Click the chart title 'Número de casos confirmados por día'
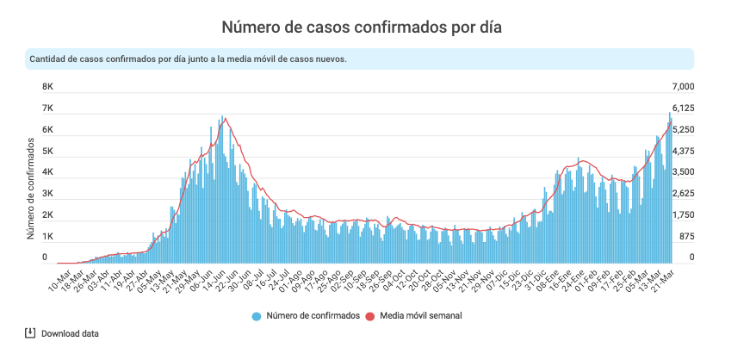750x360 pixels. coord(362,28)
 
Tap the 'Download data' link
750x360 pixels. coord(70,333)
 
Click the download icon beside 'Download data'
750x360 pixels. coord(30,333)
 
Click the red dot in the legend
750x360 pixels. coord(371,316)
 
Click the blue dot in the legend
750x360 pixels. coord(257,316)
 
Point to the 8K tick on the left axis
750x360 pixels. coord(48,88)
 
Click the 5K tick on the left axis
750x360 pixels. coord(48,152)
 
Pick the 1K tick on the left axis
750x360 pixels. coord(48,237)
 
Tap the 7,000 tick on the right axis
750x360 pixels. coord(683,88)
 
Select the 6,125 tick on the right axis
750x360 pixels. coord(683,109)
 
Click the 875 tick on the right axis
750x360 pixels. coord(685,237)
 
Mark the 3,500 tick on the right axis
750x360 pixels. coord(683,173)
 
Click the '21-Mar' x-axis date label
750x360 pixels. coord(660,278)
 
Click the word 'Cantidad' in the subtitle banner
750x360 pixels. coord(49,59)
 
